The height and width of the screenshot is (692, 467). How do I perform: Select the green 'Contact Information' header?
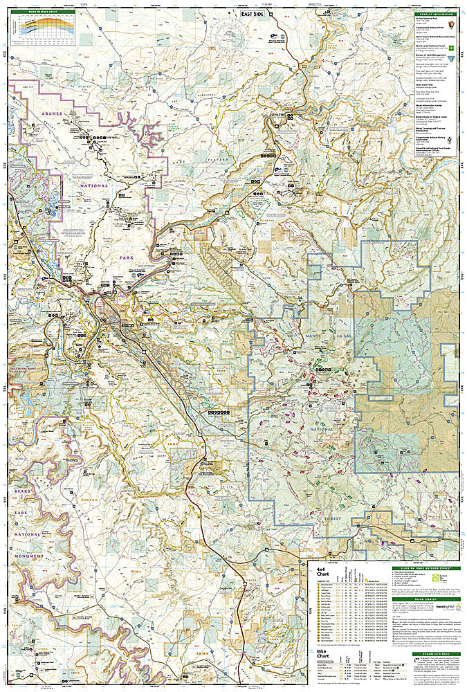435,12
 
